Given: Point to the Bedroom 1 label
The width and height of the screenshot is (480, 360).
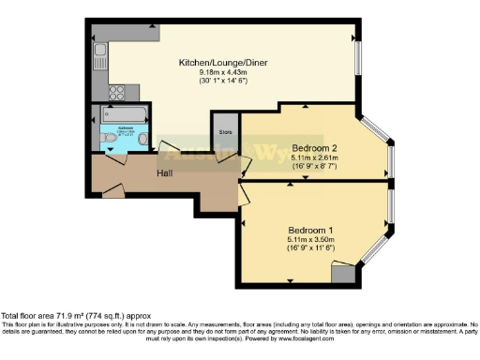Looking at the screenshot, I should pyautogui.click(x=308, y=226).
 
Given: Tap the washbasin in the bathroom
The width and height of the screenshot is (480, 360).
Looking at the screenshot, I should pyautogui.click(x=142, y=139).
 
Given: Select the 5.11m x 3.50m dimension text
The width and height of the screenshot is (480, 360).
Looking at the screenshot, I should pyautogui.click(x=308, y=237).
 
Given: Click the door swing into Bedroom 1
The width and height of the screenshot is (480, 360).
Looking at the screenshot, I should pyautogui.click(x=247, y=195).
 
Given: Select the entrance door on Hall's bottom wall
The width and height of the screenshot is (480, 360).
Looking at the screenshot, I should pyautogui.click(x=112, y=192).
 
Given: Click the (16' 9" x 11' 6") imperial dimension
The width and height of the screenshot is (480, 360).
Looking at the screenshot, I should pyautogui.click(x=308, y=247).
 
